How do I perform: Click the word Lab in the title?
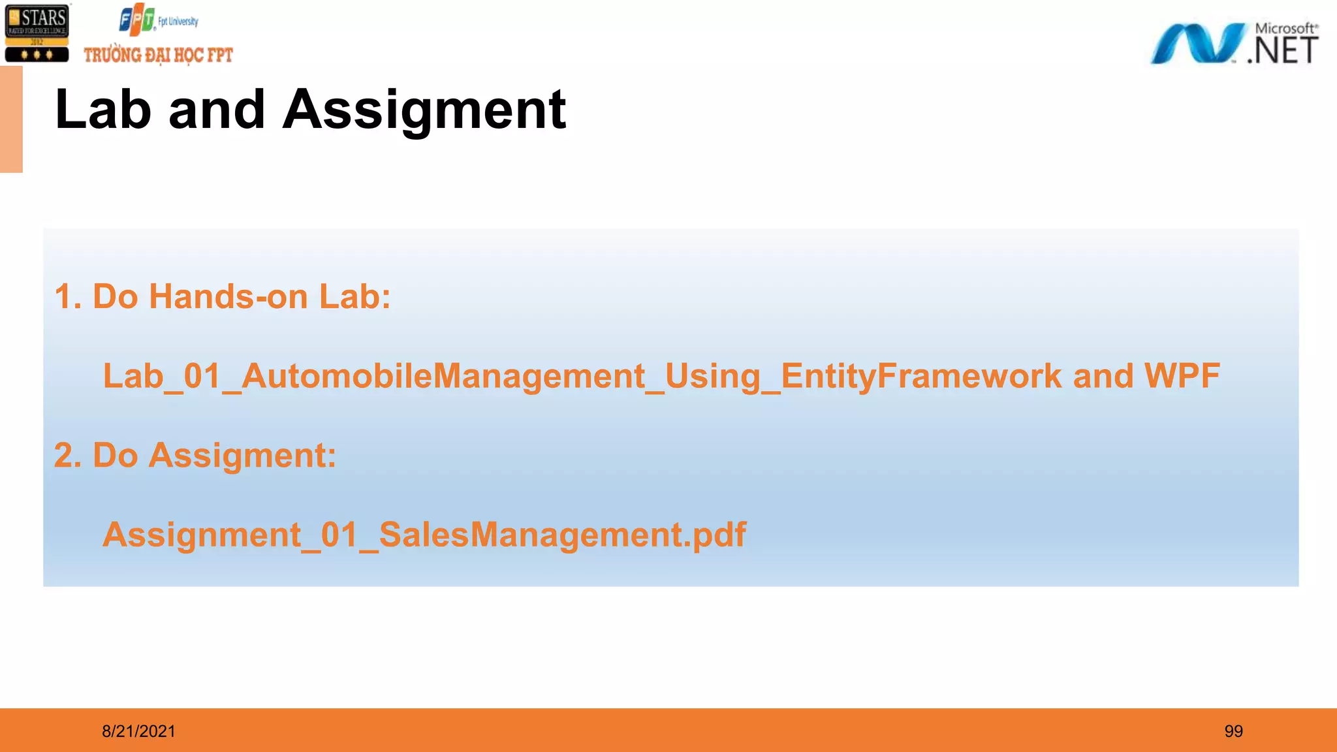103,110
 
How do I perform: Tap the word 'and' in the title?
217,110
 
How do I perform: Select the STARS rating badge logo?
37,33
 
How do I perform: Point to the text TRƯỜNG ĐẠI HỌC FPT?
158,55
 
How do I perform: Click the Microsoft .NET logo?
1234,44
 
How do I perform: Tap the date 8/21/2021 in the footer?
138,731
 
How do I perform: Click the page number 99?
1233,731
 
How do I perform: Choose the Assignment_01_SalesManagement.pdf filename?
424,535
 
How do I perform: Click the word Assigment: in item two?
242,456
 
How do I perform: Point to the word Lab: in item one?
354,297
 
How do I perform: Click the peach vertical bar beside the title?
11,119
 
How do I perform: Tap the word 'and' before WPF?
1103,376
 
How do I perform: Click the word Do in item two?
116,456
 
